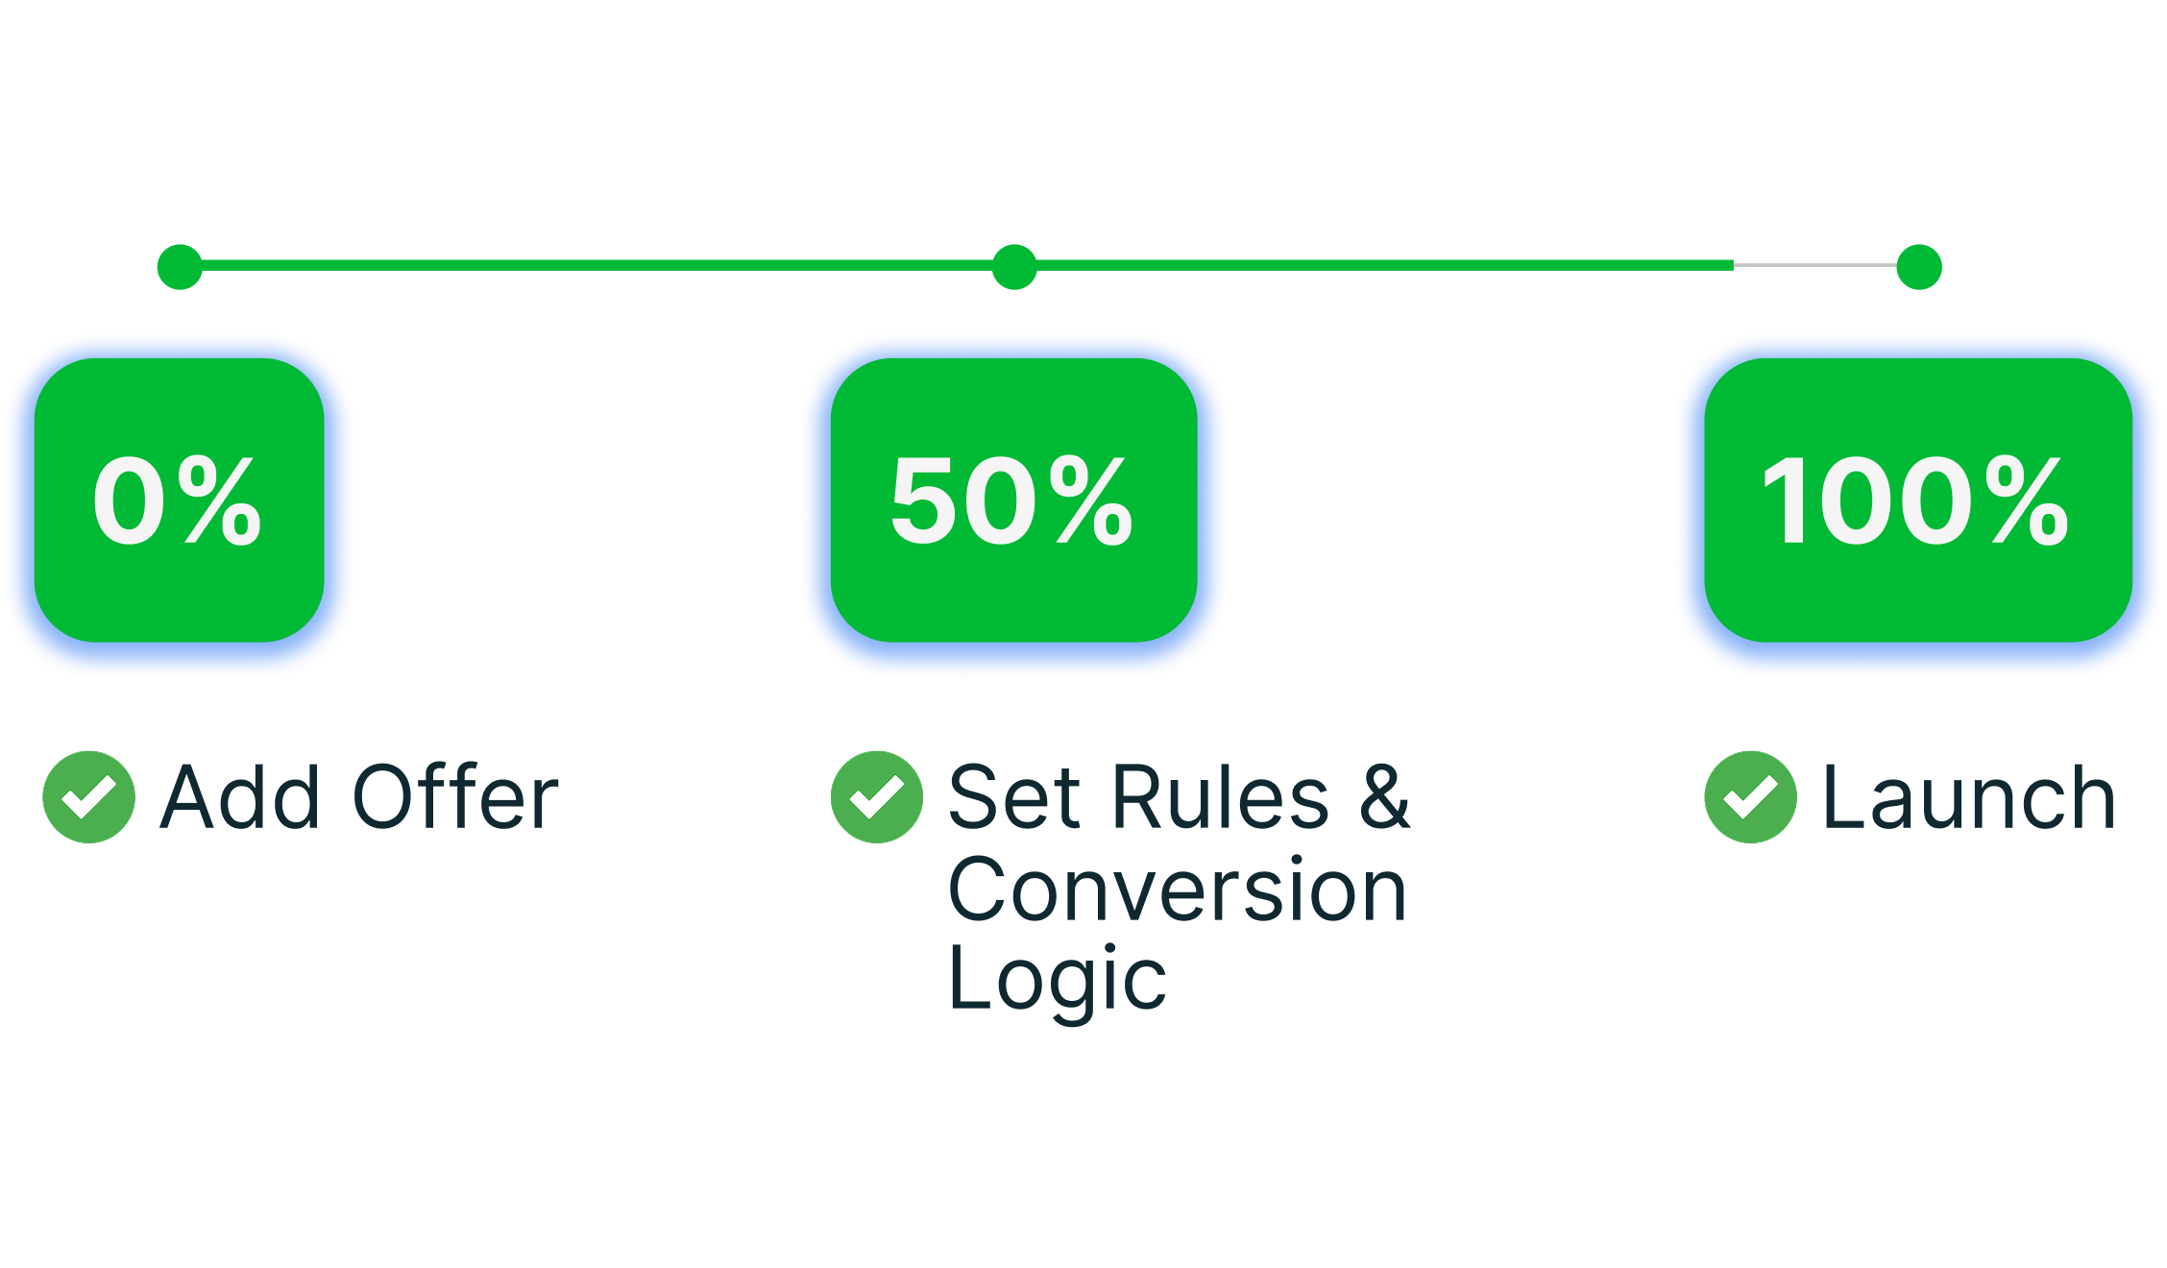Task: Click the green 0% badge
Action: pos(180,500)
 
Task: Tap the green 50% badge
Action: pos(1013,500)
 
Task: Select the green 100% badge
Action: pos(1918,500)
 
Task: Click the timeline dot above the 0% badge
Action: pos(180,266)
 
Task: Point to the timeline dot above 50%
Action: pos(1014,266)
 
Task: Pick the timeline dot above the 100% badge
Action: pos(1919,266)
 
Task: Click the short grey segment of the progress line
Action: pos(1815,265)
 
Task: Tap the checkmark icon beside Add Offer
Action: pos(89,797)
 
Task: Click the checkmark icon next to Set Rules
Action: pos(877,797)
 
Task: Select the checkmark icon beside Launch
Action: pos(1751,797)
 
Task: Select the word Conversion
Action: pos(1178,889)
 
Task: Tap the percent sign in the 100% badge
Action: pos(2028,500)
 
